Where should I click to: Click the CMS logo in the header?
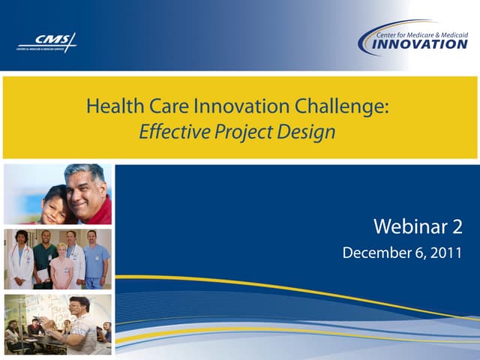[x=46, y=42]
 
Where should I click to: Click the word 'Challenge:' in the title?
[x=352, y=106]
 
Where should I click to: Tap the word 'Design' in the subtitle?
[x=307, y=132]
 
